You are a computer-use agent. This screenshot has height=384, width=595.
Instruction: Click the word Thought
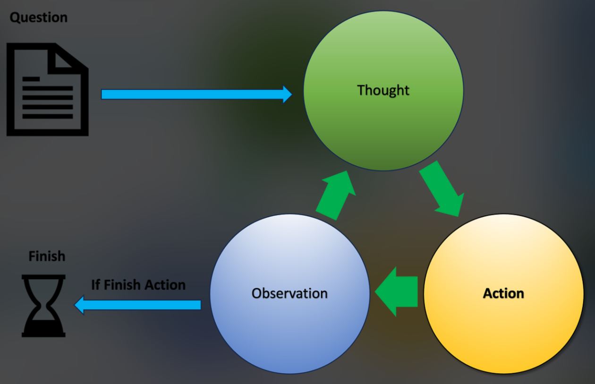(383, 90)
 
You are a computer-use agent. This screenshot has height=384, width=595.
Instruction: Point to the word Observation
(289, 293)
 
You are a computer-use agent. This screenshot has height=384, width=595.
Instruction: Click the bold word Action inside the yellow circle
(503, 293)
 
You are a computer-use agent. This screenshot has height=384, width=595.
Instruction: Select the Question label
(39, 18)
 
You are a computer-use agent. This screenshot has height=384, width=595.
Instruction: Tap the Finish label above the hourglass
(47, 256)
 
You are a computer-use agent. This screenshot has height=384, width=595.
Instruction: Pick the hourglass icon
(43, 306)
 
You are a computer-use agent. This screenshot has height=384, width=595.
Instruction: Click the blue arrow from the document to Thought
(189, 94)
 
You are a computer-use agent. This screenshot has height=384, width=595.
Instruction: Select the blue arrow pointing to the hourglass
(137, 305)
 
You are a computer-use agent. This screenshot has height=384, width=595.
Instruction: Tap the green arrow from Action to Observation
(398, 291)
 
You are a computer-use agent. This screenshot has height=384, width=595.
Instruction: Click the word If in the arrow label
(96, 285)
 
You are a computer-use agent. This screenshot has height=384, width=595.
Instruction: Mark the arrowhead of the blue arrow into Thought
(287, 94)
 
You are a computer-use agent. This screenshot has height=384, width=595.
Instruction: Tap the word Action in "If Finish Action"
(165, 285)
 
